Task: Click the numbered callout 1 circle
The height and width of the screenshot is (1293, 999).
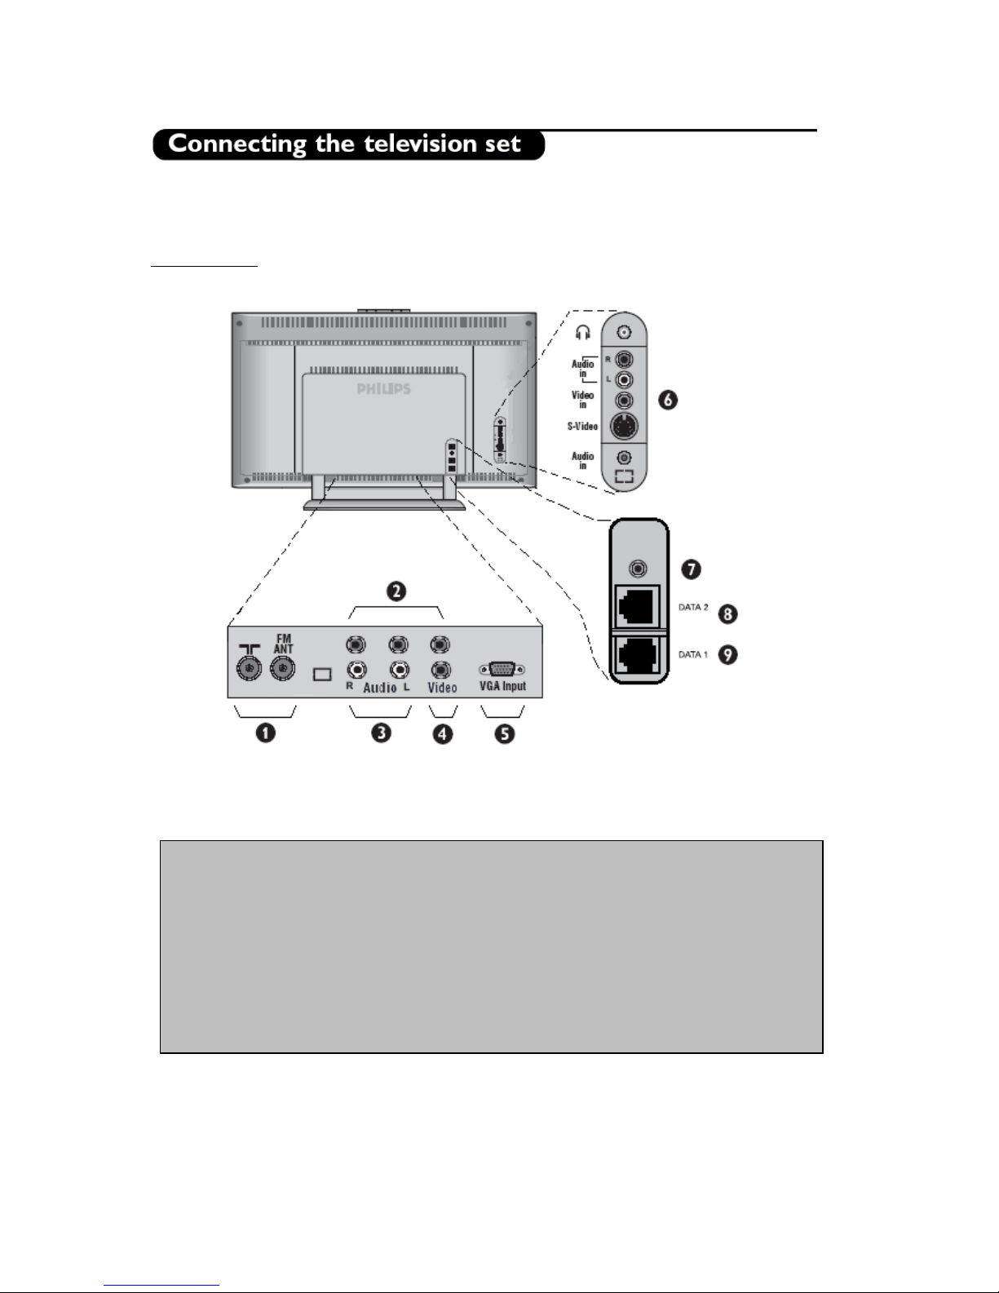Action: (265, 733)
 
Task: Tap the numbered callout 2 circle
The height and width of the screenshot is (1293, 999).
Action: (396, 591)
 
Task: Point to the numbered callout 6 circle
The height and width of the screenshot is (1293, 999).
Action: (669, 401)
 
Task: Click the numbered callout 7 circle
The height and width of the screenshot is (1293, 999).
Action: (691, 569)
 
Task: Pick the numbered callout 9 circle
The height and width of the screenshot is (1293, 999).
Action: (727, 654)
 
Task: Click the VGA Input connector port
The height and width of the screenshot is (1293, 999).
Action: (502, 669)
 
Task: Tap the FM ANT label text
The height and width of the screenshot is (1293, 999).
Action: (283, 644)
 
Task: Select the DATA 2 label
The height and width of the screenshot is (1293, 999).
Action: (693, 608)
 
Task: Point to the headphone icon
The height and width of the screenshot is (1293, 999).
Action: (582, 333)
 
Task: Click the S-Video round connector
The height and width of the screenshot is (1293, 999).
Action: (624, 426)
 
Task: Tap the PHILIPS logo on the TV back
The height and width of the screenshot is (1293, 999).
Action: (383, 389)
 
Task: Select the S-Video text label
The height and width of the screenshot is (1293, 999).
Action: (582, 426)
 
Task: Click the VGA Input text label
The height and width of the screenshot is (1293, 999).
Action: (502, 687)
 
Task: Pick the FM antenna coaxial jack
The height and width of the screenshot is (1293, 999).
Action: (283, 671)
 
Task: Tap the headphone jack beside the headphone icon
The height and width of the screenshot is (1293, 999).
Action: (624, 333)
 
